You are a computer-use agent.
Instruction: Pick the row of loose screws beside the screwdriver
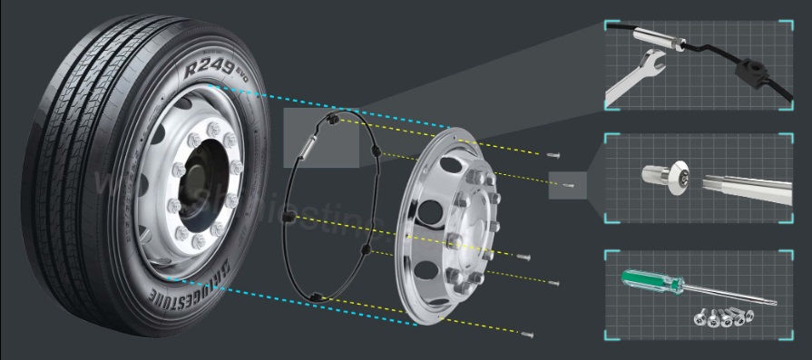[722, 317]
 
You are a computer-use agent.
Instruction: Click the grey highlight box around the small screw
[568, 185]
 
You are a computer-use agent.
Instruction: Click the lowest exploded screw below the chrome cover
[529, 335]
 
